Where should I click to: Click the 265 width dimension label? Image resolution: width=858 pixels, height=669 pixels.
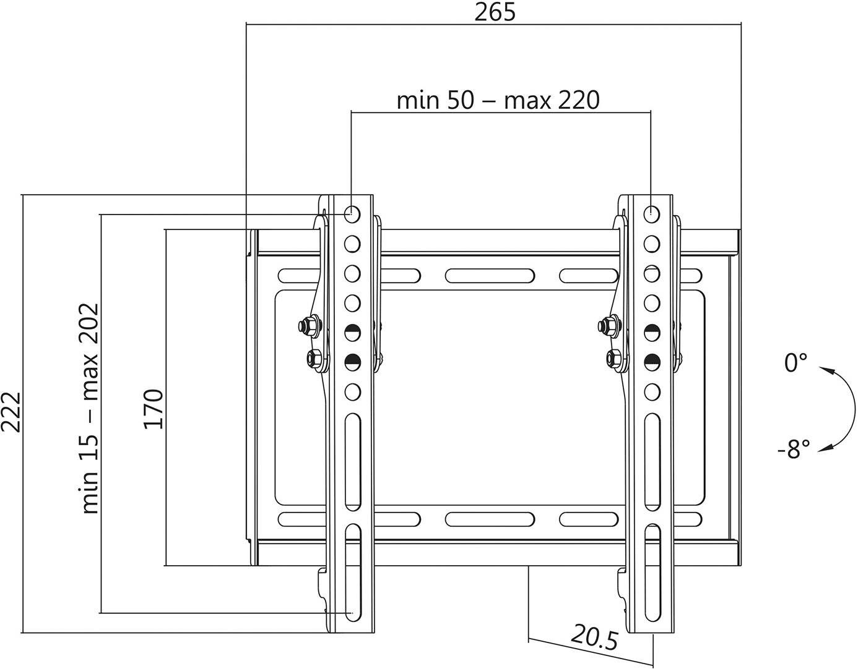pyautogui.click(x=495, y=12)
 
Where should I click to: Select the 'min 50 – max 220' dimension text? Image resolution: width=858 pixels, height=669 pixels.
pyautogui.click(x=498, y=100)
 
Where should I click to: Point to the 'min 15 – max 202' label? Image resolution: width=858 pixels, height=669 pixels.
pyautogui.click(x=90, y=409)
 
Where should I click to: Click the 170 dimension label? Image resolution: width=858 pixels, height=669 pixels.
pyautogui.click(x=154, y=409)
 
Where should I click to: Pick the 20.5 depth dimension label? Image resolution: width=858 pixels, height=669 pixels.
pyautogui.click(x=594, y=637)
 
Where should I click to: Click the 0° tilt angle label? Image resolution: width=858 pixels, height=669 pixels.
pyautogui.click(x=796, y=363)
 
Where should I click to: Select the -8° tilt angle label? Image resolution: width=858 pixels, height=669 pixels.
pyautogui.click(x=794, y=450)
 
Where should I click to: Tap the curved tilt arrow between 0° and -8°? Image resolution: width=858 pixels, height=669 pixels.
pyautogui.click(x=837, y=408)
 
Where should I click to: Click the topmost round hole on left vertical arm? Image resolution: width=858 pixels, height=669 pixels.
pyautogui.click(x=352, y=214)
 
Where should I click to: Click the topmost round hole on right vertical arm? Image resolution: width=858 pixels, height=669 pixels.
pyautogui.click(x=651, y=214)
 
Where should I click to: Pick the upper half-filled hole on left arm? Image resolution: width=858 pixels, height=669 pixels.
pyautogui.click(x=352, y=331)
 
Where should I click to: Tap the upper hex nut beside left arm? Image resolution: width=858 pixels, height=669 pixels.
pyautogui.click(x=308, y=325)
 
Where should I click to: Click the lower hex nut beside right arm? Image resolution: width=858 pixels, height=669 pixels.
pyautogui.click(x=614, y=357)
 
